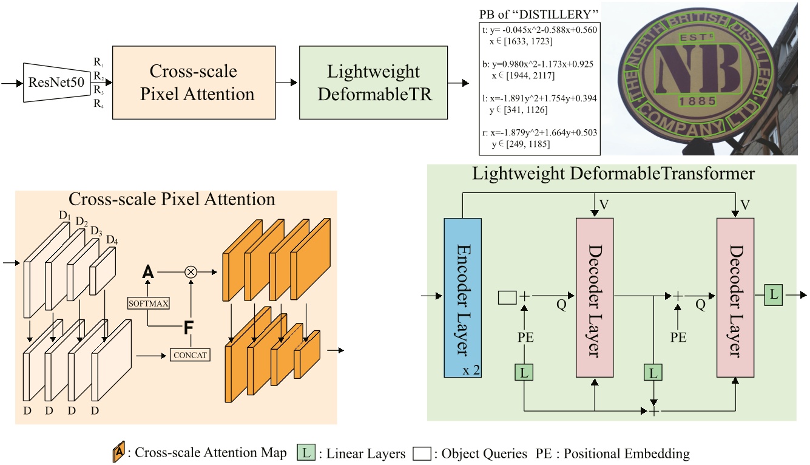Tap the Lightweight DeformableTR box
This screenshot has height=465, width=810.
(373, 83)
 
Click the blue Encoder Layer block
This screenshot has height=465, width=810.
(462, 297)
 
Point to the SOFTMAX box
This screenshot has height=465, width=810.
(147, 303)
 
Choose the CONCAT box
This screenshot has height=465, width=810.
(190, 354)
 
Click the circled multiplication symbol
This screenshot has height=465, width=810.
(191, 273)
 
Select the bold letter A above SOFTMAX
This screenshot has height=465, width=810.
(147, 273)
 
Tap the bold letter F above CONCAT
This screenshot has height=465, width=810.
(189, 329)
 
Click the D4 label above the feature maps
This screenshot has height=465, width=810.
(112, 240)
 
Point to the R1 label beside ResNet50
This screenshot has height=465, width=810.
(98, 62)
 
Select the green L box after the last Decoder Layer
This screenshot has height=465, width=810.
(773, 295)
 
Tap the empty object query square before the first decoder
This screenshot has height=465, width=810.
(507, 297)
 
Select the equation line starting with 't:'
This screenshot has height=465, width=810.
(535, 30)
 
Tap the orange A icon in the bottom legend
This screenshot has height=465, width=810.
(119, 453)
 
